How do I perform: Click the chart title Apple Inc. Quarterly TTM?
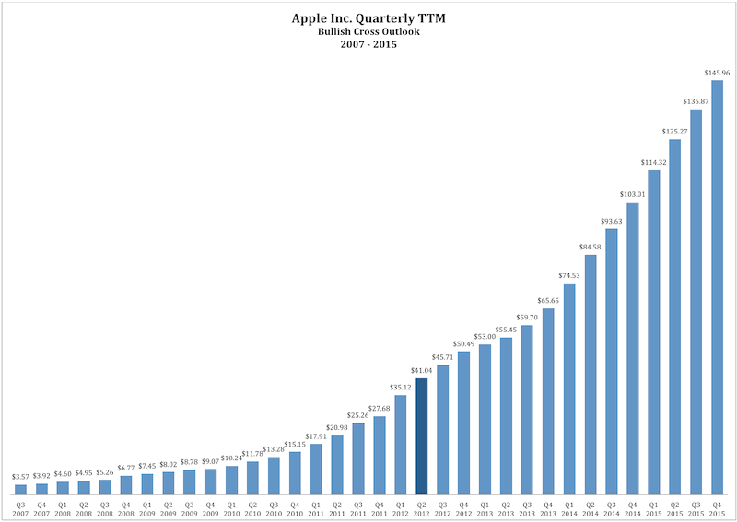click(368, 17)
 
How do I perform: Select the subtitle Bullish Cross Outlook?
click(368, 32)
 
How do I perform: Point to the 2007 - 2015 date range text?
click(368, 44)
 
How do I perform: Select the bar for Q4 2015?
click(718, 286)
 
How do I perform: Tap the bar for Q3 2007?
click(20, 489)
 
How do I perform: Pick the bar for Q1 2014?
click(569, 388)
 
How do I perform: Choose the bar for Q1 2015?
click(654, 331)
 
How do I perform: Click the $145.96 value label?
click(718, 73)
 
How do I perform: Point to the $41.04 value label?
click(422, 370)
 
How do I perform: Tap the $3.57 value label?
click(20, 476)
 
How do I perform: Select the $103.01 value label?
click(633, 194)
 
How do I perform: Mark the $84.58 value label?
click(591, 247)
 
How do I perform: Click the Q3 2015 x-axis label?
click(696, 507)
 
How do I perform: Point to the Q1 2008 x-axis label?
click(63, 507)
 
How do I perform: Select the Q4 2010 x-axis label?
click(295, 507)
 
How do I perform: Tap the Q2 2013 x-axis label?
click(506, 507)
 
